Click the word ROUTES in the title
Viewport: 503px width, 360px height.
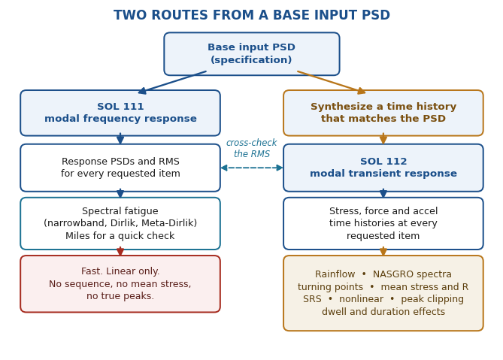point(177,15)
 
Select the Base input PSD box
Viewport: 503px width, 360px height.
point(251,54)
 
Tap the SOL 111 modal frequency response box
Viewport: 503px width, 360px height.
point(120,113)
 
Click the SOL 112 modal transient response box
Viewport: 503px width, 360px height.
point(383,168)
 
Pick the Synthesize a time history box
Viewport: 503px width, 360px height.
point(383,113)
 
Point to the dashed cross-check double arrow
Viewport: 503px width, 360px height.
point(252,168)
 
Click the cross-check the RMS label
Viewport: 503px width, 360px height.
point(251,148)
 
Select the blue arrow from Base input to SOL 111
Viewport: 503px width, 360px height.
point(172,83)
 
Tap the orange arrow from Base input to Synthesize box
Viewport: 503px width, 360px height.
point(332,83)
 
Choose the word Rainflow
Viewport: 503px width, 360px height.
point(335,274)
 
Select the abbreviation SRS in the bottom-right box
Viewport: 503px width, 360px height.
point(312,299)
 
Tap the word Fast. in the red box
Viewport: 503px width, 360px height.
point(92,271)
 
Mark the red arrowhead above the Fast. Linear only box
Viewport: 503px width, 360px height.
point(120,252)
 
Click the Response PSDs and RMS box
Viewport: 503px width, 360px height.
point(120,168)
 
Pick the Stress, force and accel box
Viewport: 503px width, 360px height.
point(383,223)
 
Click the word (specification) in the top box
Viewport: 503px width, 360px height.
point(251,60)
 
